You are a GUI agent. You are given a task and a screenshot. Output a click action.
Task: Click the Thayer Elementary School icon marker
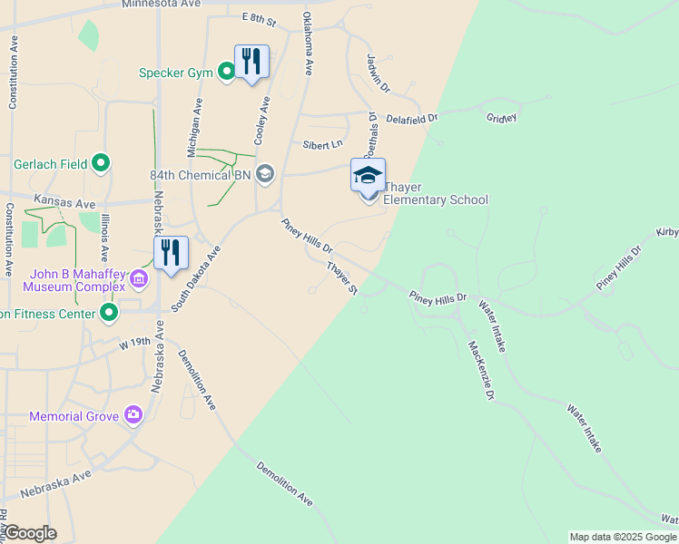(368, 175)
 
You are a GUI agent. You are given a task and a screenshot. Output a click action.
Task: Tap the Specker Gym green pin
(227, 73)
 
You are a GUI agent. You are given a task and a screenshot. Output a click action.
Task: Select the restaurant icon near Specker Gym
(252, 62)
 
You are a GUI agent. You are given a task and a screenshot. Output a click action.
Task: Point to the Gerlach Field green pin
(102, 164)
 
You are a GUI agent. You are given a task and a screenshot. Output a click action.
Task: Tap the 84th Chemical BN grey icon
(265, 173)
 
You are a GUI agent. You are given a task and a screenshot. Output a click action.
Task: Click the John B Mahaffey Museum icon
(139, 278)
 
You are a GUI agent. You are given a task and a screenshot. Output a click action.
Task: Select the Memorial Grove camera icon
(134, 415)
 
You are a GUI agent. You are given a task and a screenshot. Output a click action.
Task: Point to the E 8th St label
(259, 17)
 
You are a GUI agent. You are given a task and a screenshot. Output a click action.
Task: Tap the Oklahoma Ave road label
(309, 43)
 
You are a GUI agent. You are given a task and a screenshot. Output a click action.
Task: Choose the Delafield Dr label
(411, 118)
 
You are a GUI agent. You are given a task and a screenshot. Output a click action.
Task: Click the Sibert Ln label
(323, 144)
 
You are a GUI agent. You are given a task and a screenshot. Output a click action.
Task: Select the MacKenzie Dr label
(481, 370)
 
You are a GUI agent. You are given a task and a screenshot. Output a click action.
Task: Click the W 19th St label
(134, 344)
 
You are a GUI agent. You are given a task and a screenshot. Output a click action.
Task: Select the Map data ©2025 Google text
(623, 537)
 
